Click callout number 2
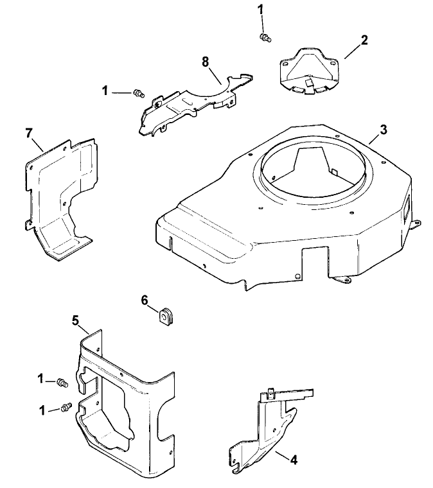(x=364, y=40)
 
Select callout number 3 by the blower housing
(x=383, y=130)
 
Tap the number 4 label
(x=293, y=460)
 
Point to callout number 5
(x=75, y=319)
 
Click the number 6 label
(x=145, y=301)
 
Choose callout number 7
(x=28, y=133)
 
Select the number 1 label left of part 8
(x=105, y=91)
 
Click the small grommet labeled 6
(x=167, y=316)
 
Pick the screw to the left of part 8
(x=137, y=94)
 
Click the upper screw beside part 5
(x=62, y=382)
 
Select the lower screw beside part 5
(x=65, y=408)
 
